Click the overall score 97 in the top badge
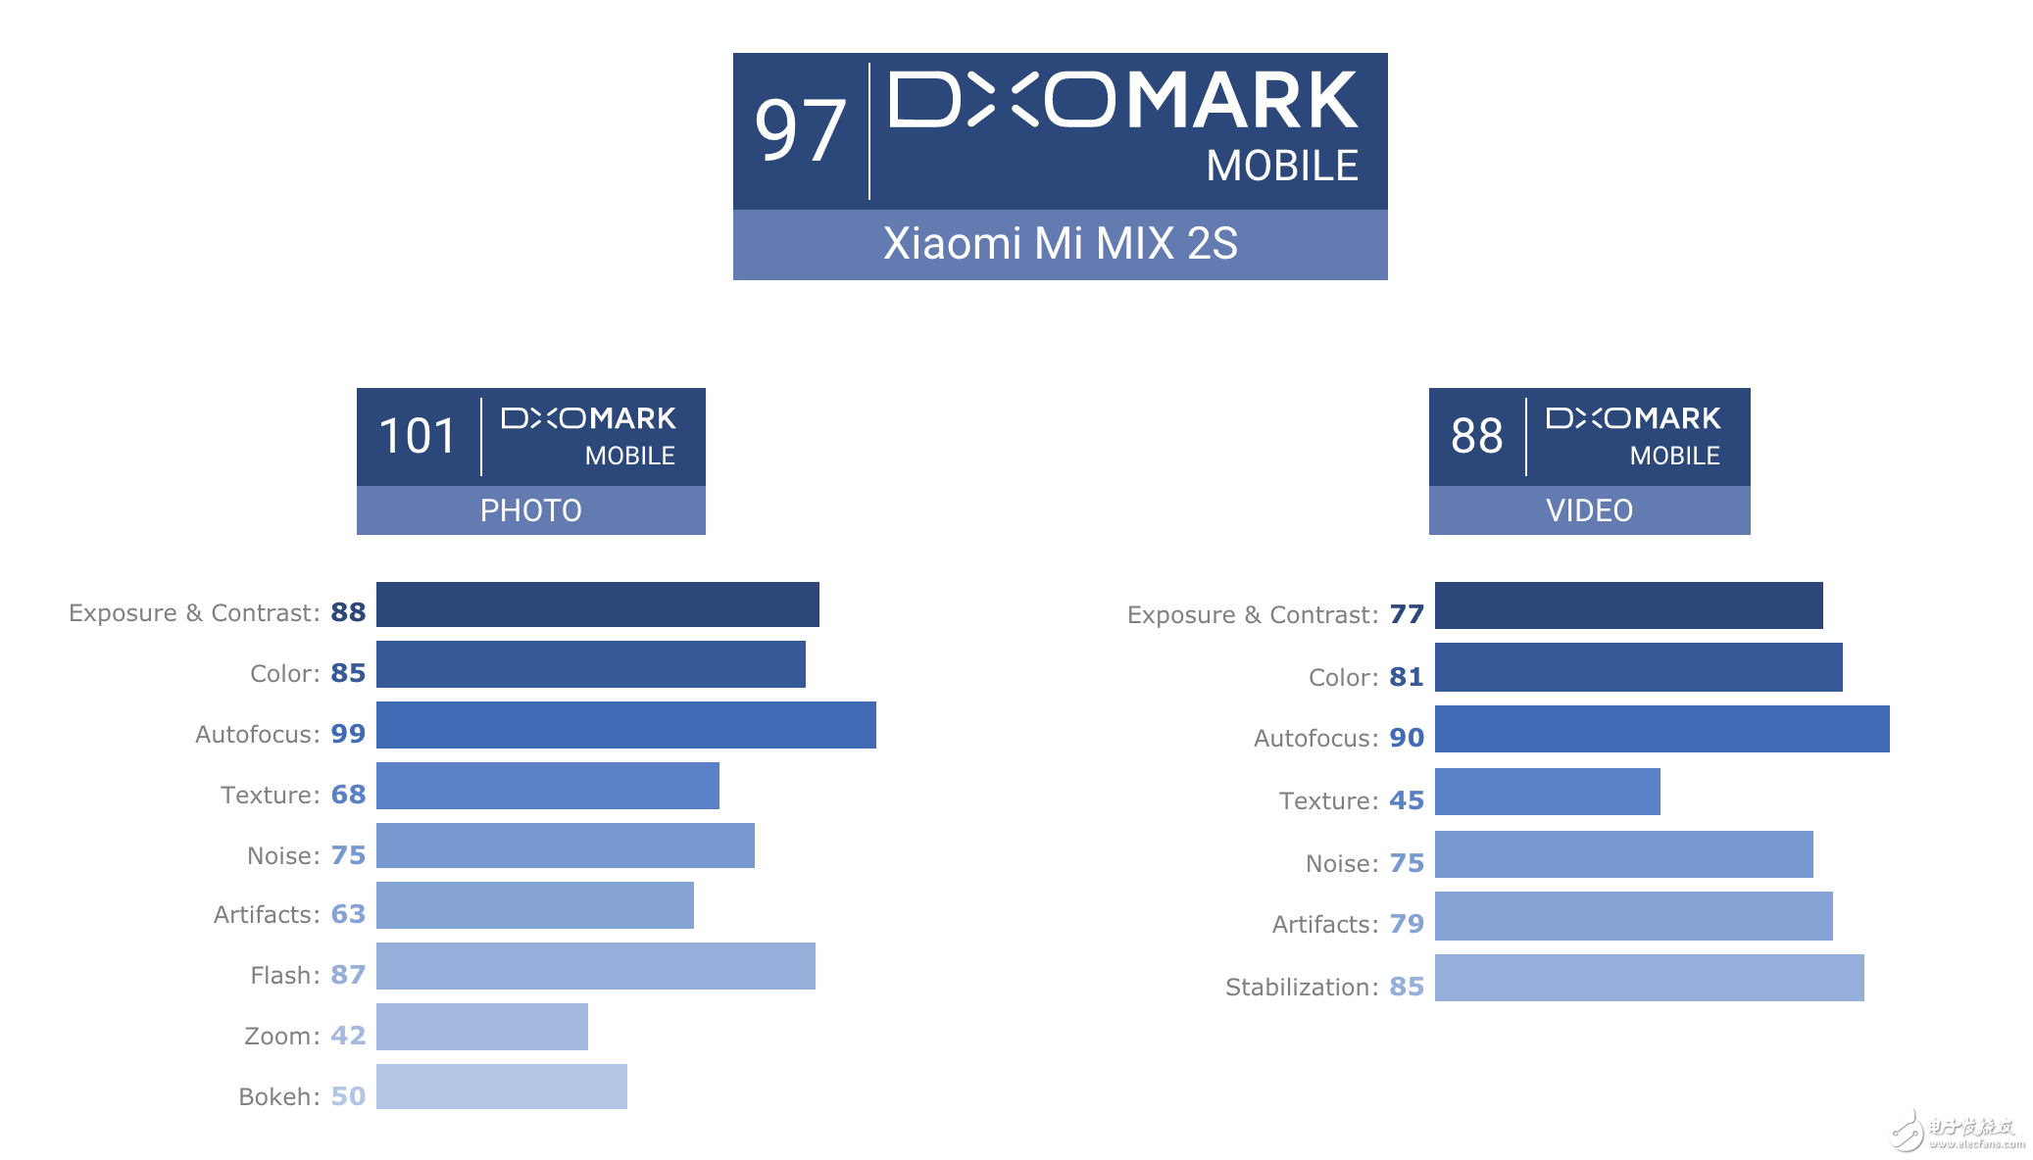tap(800, 131)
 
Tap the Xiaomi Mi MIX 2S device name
tap(1060, 244)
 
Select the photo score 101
tap(418, 436)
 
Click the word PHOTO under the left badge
tap(530, 510)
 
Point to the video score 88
tap(1476, 436)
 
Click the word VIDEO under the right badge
tap(1589, 510)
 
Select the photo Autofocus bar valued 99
tap(625, 725)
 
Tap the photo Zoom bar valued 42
tap(481, 1027)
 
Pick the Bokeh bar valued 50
tap(501, 1087)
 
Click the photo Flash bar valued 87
tap(595, 966)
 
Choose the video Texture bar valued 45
tap(1547, 792)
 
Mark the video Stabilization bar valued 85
tap(1649, 978)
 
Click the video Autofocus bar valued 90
tap(1661, 729)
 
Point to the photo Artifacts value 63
tap(348, 914)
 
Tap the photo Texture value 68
tap(348, 795)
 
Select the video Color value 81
tap(1407, 677)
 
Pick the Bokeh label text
tap(278, 1096)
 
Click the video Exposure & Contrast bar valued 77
tap(1628, 605)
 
